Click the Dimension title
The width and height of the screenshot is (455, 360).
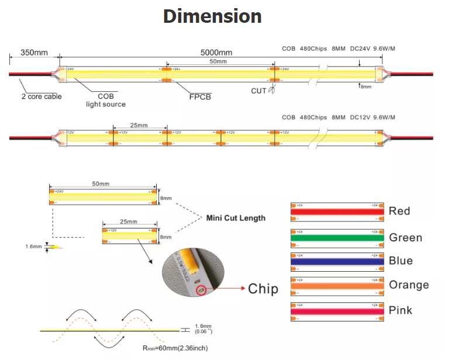pos(212,16)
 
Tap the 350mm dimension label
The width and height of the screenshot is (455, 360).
pos(34,53)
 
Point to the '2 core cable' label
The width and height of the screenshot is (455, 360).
pos(42,96)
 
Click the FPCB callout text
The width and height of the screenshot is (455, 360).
pos(200,96)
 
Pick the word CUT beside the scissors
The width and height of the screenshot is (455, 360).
pos(258,91)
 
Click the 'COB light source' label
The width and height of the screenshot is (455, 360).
pos(106,100)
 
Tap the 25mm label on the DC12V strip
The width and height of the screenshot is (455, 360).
pos(138,126)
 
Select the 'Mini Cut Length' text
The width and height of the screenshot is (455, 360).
pos(236,218)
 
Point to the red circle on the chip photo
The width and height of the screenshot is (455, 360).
pos(200,289)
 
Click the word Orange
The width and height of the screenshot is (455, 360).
pos(409,285)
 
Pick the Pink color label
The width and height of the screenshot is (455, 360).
pos(400,309)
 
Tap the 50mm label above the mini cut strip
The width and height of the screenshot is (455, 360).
pos(101,184)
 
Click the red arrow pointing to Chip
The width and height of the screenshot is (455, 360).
pos(227,289)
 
